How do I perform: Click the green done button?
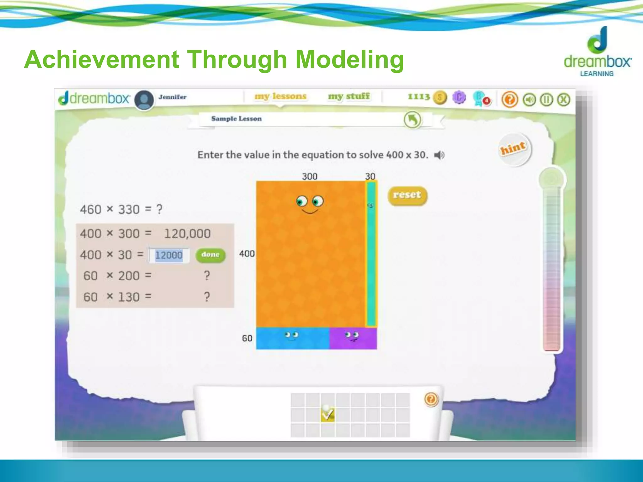(210, 255)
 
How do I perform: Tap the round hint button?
(514, 149)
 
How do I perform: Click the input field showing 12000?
(169, 255)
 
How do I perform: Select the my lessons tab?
(280, 96)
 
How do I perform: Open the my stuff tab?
(349, 96)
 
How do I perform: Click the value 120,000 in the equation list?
(187, 234)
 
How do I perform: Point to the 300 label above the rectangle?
(310, 176)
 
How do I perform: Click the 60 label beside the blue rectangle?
(247, 338)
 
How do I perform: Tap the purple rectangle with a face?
(353, 338)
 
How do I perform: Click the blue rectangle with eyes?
(293, 338)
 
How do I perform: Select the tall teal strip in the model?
(371, 254)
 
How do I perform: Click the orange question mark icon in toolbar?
(509, 100)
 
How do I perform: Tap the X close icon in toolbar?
(564, 100)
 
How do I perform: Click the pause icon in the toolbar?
(546, 100)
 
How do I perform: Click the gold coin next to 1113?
(440, 98)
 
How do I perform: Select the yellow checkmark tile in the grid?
(327, 415)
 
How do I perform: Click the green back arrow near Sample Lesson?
(412, 120)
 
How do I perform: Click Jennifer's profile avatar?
(144, 100)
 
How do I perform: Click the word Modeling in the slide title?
(350, 59)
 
